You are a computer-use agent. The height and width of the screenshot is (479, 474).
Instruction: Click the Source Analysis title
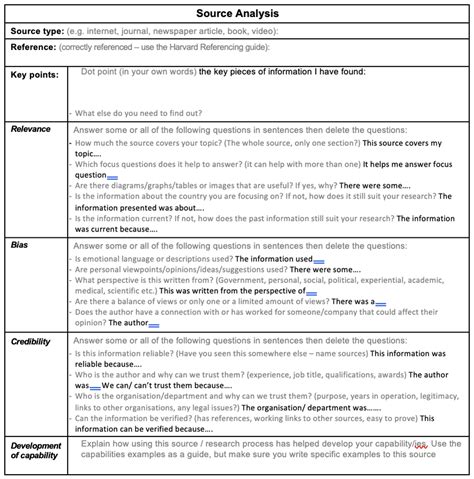click(x=237, y=13)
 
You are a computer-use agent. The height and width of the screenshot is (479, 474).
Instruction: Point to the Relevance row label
click(x=31, y=129)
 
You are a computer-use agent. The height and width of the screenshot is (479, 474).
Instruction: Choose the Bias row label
click(x=19, y=244)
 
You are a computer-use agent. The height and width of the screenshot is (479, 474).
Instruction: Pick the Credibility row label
click(x=31, y=342)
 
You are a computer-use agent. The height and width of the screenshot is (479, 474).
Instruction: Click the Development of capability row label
click(x=35, y=450)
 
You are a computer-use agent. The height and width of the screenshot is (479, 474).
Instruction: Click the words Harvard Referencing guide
click(x=218, y=47)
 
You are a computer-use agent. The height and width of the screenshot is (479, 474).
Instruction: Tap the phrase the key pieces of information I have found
click(x=282, y=72)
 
